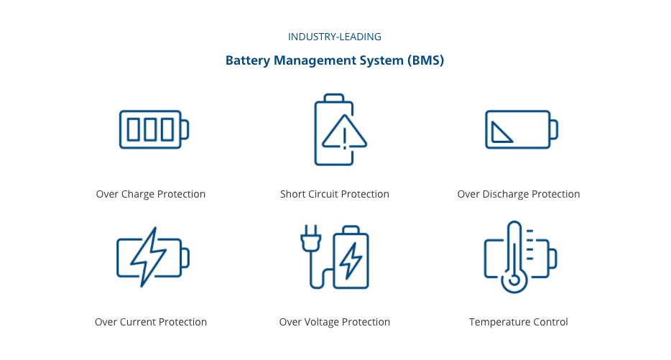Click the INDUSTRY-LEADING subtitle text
pos(334,37)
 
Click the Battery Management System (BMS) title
pos(334,60)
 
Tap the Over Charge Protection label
pos(151,194)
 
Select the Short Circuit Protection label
pos(335,194)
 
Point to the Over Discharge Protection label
pos(518,194)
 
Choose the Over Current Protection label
pos(151,322)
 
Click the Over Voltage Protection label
pos(335,322)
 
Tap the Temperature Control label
pos(518,322)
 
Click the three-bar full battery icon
pos(153,129)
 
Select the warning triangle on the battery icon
pos(344,133)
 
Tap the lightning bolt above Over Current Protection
pos(149,256)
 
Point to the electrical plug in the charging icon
pos(310,241)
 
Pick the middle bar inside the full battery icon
pos(150,129)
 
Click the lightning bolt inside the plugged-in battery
pos(351,260)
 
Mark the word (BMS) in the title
pos(426,60)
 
